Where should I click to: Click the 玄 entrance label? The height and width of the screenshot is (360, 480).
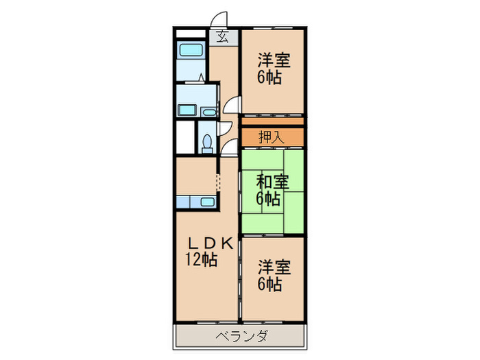click(224, 38)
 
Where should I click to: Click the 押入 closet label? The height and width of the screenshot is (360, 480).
click(271, 137)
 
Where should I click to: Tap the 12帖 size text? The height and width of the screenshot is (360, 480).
click(200, 260)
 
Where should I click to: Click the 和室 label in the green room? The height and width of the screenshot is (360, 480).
click(272, 182)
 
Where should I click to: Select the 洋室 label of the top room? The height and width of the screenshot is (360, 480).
click(274, 60)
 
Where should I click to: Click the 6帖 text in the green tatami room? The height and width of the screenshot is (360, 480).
click(268, 200)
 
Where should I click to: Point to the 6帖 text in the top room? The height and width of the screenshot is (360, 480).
click(269, 77)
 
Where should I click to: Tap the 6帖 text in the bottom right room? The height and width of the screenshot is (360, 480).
click(269, 283)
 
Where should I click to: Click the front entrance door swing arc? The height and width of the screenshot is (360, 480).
click(219, 21)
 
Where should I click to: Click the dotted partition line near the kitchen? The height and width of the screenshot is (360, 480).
click(219, 184)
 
